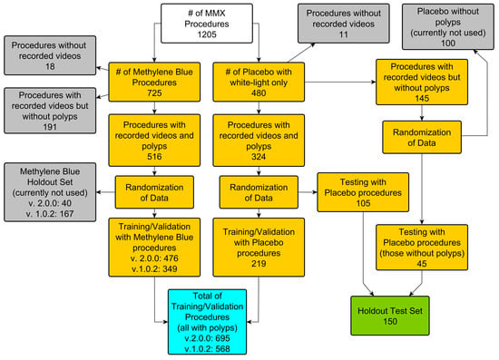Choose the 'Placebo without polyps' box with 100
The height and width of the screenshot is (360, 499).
point(445,26)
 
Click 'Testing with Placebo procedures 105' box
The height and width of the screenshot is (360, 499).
point(362,193)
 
